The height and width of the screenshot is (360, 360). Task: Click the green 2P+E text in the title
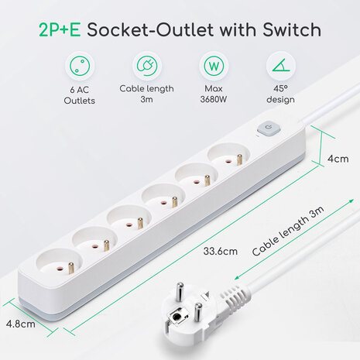click(60, 30)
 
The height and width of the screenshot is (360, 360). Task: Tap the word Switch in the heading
click(292, 29)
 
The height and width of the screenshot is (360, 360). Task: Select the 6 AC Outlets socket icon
click(80, 66)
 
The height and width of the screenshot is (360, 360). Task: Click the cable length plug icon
click(147, 66)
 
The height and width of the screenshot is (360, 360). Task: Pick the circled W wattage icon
click(214, 66)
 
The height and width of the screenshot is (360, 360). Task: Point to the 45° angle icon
click(281, 65)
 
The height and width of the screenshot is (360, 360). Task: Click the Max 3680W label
click(214, 94)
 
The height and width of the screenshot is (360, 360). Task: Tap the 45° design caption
click(280, 94)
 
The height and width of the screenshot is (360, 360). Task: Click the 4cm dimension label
click(338, 159)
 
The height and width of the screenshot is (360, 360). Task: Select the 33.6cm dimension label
click(220, 251)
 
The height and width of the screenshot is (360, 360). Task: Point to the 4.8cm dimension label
click(21, 324)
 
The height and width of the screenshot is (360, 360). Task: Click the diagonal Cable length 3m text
click(287, 231)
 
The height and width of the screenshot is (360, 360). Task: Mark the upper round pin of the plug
click(180, 292)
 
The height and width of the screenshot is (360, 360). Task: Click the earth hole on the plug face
click(177, 317)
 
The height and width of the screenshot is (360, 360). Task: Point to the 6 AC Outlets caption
click(80, 95)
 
